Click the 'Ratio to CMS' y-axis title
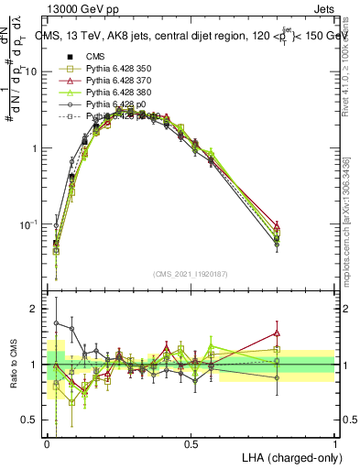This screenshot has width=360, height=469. pos(13,365)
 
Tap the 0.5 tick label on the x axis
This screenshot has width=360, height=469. pos(191,442)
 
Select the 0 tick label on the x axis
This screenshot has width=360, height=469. pos(48,442)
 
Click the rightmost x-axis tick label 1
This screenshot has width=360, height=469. pos(335,442)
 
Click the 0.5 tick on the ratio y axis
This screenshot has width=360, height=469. pos(31,420)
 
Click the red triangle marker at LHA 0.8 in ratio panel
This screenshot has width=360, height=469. pos(278,333)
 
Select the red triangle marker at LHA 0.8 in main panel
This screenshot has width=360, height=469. pos(278,224)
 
